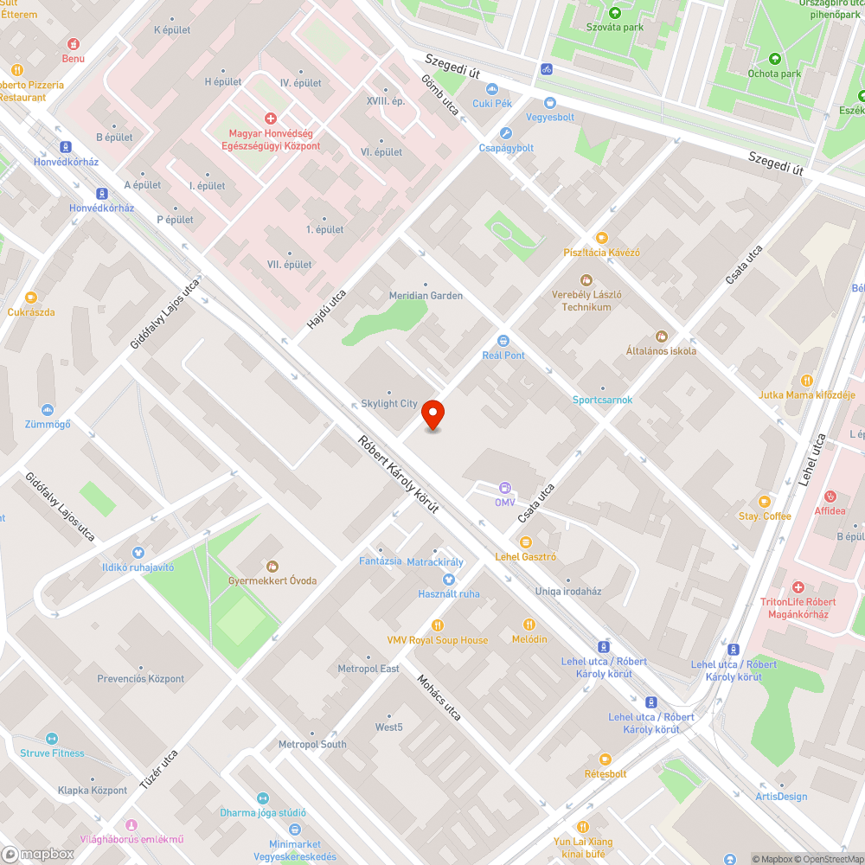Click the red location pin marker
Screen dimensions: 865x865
(x=432, y=415)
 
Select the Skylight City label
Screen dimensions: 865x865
(x=389, y=404)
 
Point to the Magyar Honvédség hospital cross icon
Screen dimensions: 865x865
(x=271, y=118)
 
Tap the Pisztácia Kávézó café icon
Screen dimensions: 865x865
(x=601, y=237)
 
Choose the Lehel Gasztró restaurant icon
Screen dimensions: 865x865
(x=525, y=542)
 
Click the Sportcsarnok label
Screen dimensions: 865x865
(x=602, y=400)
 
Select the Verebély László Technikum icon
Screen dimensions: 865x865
(x=586, y=279)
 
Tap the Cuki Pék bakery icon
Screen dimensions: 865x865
(x=492, y=89)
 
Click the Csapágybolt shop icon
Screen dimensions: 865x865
(x=506, y=133)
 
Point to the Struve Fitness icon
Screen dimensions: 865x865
(x=52, y=739)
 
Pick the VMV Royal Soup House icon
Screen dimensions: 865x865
(x=437, y=625)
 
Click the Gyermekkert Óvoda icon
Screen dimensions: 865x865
(x=272, y=566)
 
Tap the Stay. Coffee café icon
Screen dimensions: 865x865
(x=764, y=502)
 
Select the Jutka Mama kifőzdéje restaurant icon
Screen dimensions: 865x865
(x=806, y=380)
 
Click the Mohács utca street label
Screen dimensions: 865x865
(x=439, y=697)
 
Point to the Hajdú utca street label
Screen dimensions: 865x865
(x=326, y=309)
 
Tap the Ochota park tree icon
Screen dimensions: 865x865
(x=774, y=59)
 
